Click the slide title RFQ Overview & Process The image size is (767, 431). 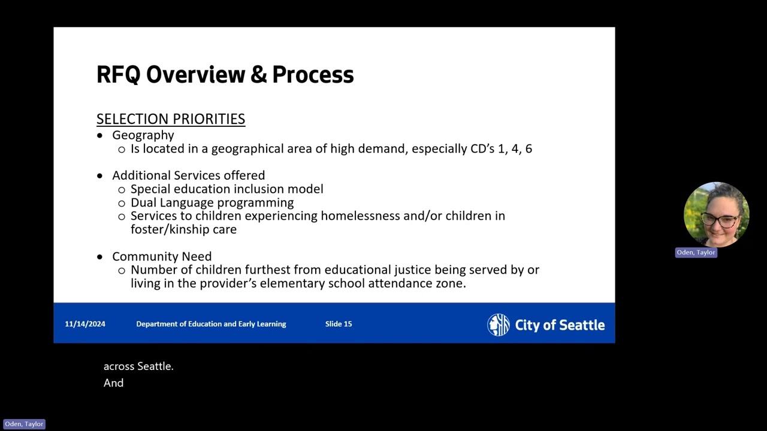(x=225, y=75)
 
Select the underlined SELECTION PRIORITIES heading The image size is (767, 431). (x=170, y=119)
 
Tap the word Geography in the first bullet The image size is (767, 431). (x=143, y=135)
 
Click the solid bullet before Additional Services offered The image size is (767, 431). (x=99, y=176)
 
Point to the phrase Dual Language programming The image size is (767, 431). (x=212, y=202)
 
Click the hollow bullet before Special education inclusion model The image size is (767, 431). (x=122, y=190)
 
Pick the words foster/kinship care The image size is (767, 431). (x=183, y=229)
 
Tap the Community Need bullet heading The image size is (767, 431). (x=162, y=256)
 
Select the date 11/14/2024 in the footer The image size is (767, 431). (x=85, y=324)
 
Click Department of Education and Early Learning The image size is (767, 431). (x=211, y=324)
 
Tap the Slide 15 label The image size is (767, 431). (x=339, y=324)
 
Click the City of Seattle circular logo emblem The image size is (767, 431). (x=498, y=324)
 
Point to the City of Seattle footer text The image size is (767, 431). (x=560, y=325)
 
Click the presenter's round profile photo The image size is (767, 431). (x=716, y=214)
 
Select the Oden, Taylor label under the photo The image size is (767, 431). (x=696, y=253)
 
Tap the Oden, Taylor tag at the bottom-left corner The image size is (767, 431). (x=24, y=424)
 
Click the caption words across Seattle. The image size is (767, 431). (x=138, y=366)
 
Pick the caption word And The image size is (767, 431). (x=113, y=383)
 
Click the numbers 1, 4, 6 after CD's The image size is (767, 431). (x=515, y=148)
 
